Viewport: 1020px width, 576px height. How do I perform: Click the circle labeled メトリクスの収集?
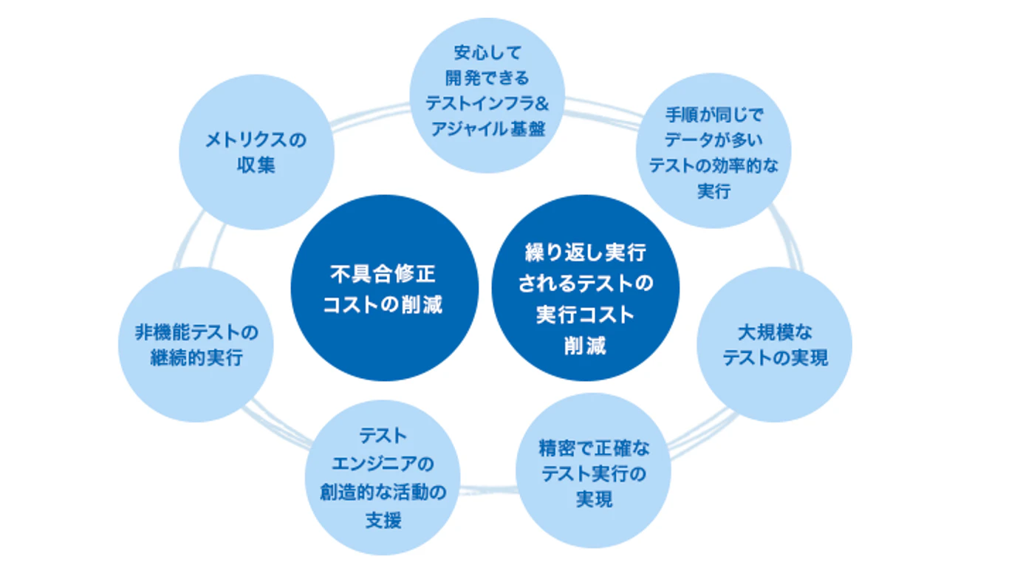click(257, 152)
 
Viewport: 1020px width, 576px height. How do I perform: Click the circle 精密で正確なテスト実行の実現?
click(594, 473)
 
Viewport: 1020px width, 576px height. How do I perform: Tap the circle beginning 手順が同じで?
click(713, 151)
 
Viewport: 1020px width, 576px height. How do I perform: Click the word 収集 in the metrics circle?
click(256, 165)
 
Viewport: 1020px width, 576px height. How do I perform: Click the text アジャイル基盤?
click(487, 128)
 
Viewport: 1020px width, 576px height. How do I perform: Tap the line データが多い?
click(713, 140)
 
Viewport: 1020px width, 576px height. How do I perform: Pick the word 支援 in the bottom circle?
click(383, 520)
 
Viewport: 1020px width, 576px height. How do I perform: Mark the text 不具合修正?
click(383, 275)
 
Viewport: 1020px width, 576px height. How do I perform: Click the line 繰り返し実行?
click(586, 253)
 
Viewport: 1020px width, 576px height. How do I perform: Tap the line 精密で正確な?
click(594, 449)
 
